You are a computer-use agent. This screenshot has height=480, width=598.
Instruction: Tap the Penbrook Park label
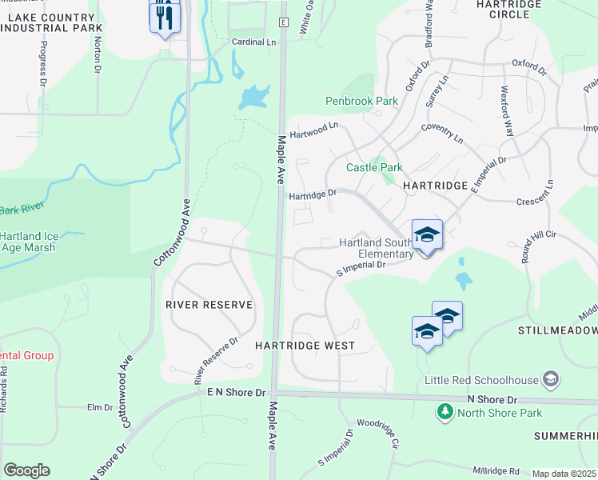[x=361, y=102]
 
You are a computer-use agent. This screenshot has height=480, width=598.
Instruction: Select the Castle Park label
[x=374, y=167]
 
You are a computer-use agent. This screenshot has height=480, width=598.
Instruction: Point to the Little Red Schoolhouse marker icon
[x=550, y=378]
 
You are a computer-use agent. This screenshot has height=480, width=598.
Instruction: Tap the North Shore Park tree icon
[x=444, y=412]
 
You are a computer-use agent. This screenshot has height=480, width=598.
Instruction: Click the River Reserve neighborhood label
[x=209, y=305]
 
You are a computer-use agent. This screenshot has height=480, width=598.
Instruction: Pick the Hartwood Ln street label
[x=314, y=130]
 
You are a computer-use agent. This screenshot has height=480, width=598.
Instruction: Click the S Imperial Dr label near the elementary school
[x=362, y=267]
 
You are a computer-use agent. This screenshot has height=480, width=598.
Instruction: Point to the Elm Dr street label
[x=100, y=407]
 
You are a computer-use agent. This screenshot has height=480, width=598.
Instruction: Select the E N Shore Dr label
[x=236, y=393]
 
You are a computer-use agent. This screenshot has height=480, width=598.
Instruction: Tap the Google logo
[x=26, y=470]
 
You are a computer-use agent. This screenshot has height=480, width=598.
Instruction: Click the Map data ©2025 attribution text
[x=564, y=474]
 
